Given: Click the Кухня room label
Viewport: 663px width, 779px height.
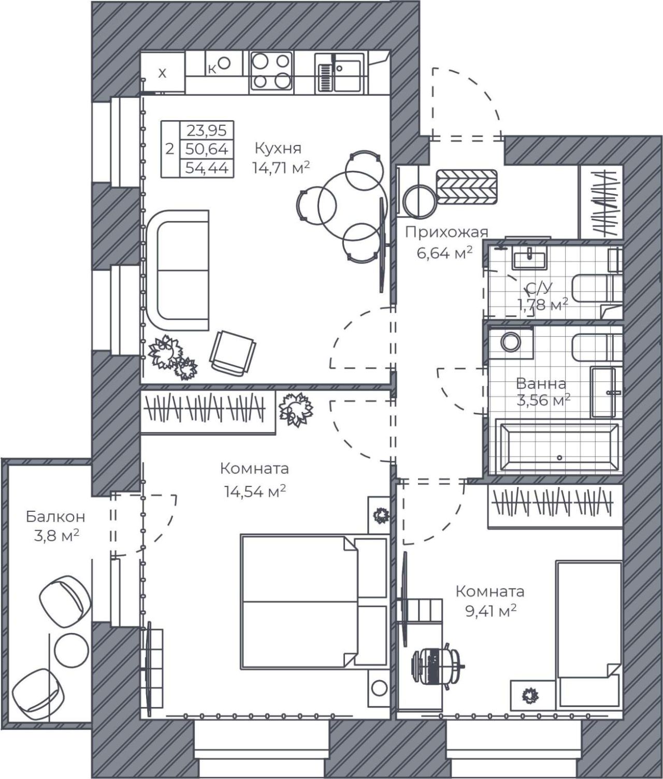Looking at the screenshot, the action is point(278,149).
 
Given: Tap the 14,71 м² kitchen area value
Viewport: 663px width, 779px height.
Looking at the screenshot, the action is point(281,167).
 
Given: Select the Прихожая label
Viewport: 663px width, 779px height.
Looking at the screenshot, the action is point(446,233).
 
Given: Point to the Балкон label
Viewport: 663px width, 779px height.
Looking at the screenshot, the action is point(56,517).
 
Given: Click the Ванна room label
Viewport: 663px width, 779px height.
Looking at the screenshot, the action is point(541,384).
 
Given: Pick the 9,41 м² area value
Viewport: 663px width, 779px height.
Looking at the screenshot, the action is point(491,610).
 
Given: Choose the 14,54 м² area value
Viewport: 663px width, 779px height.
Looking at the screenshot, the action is point(254,492).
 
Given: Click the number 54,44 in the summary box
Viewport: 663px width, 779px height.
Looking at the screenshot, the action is point(207,167).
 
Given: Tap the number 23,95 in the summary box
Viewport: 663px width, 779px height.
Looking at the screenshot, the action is point(207,131).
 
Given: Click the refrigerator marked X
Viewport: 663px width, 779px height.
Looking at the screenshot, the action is point(163,72).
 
